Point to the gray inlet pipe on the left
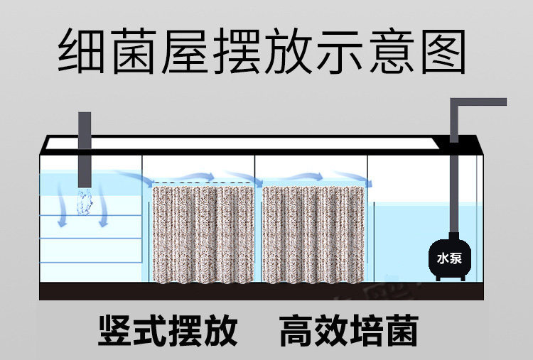pyautogui.click(x=85, y=149)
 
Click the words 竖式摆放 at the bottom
pyautogui.click(x=168, y=330)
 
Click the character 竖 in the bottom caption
pyautogui.click(x=116, y=330)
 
